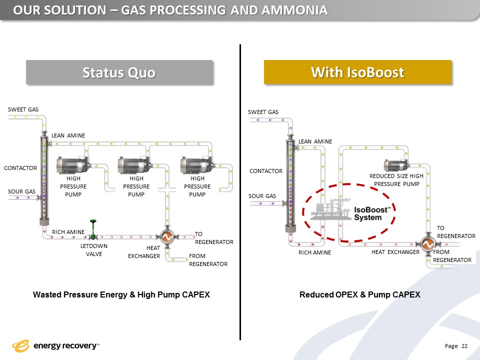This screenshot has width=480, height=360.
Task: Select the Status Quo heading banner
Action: click(119, 72)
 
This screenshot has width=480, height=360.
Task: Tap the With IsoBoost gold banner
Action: click(357, 72)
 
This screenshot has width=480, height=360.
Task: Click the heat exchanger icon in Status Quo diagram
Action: click(167, 236)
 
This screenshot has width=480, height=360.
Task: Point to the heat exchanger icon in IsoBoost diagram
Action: click(427, 244)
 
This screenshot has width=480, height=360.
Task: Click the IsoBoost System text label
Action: click(372, 213)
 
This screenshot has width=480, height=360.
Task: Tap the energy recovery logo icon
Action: click(20, 346)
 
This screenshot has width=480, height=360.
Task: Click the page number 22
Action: click(464, 346)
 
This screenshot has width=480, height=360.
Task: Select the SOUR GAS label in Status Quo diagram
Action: click(21, 191)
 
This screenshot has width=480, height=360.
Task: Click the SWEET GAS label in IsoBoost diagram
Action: click(263, 112)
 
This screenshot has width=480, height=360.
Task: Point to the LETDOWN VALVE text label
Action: click(94, 250)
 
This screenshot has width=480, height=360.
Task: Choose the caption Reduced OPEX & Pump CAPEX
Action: click(359, 294)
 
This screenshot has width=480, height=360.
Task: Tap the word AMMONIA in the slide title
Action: click(294, 10)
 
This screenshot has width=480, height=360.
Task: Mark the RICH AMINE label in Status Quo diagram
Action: click(68, 232)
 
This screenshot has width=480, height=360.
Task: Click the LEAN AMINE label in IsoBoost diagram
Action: click(315, 141)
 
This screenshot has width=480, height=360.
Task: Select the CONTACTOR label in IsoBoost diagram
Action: click(266, 171)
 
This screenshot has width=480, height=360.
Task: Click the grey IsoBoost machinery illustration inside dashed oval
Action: click(331, 209)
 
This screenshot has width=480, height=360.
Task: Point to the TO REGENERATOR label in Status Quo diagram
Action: click(214, 238)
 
